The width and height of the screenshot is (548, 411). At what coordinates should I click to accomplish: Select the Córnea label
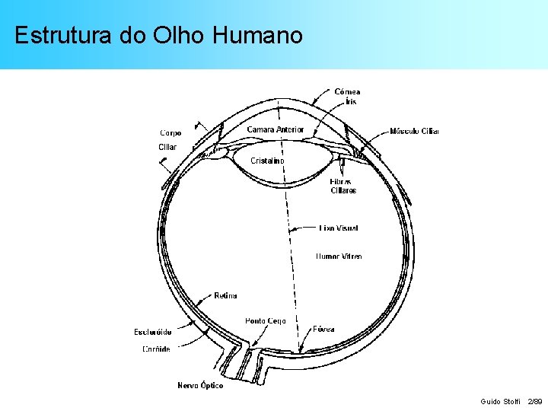(347, 91)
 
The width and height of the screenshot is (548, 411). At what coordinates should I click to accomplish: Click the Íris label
(350, 101)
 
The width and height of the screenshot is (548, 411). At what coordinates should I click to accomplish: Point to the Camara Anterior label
(275, 129)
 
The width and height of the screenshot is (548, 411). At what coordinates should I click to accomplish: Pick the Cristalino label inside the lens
(268, 161)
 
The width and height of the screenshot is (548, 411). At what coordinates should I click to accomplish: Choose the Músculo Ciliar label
(414, 131)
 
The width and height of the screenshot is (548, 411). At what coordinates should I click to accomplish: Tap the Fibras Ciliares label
(342, 186)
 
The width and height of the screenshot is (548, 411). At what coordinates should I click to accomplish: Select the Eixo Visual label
(338, 228)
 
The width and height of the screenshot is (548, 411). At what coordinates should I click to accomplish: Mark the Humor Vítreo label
(339, 256)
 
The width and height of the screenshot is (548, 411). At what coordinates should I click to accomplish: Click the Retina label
(225, 295)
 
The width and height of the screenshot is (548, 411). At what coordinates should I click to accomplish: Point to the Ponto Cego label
(266, 321)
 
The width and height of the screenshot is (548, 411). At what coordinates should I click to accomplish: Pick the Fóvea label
(323, 330)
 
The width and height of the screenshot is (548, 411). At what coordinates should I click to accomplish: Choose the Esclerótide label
(152, 332)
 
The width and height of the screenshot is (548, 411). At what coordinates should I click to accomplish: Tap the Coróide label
(156, 349)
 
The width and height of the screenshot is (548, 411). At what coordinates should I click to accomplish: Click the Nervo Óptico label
(200, 385)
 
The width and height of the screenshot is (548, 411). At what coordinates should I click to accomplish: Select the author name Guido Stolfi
(500, 400)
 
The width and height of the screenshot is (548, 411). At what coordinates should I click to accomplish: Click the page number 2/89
(535, 400)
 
